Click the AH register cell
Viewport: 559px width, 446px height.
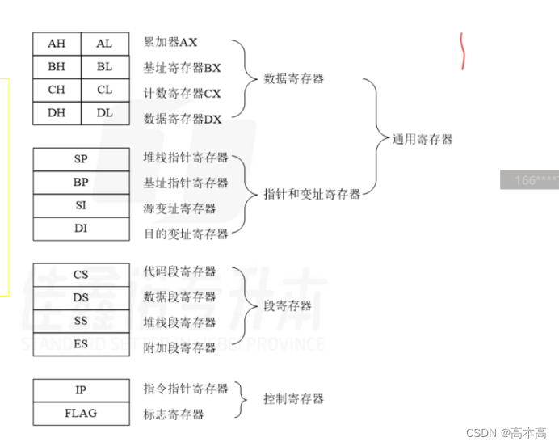(x=57, y=44)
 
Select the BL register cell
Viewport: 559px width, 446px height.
(x=105, y=67)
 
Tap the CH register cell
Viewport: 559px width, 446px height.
(x=57, y=90)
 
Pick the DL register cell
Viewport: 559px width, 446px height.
(x=105, y=113)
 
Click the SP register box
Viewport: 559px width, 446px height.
(x=81, y=159)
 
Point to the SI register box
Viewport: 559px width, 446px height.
(x=81, y=205)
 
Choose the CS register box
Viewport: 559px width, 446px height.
(x=81, y=275)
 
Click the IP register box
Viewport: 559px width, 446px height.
(x=81, y=390)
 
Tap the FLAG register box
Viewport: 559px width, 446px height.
(x=81, y=413)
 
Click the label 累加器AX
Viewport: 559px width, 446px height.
(x=170, y=42)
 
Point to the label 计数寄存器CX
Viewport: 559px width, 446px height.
(x=182, y=93)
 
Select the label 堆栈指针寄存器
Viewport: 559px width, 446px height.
(x=186, y=158)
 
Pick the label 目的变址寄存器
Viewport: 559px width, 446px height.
(x=186, y=234)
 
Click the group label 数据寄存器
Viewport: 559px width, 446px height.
(x=293, y=79)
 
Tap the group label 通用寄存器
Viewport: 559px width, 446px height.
(x=422, y=139)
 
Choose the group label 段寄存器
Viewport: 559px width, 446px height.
(x=288, y=306)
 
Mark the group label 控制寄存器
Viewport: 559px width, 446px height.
(x=293, y=398)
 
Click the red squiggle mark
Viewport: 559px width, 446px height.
(x=463, y=51)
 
